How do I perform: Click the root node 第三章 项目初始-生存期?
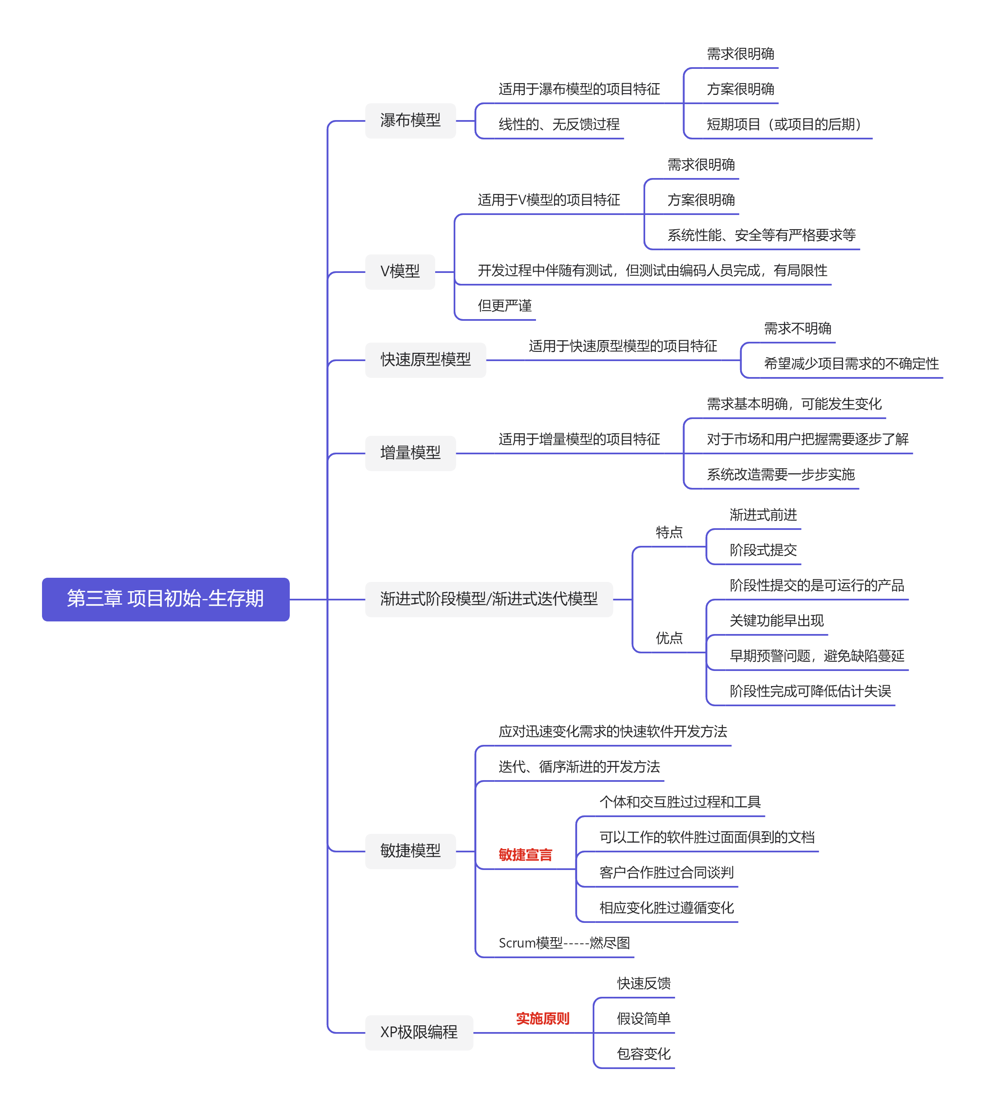tap(165, 599)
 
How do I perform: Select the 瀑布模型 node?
tap(410, 121)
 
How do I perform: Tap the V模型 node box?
tap(400, 272)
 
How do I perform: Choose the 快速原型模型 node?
tap(426, 360)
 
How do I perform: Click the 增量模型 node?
tap(410, 453)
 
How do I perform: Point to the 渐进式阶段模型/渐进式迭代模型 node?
tap(489, 599)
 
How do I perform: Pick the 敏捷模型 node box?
tap(410, 851)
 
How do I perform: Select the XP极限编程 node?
tap(419, 1032)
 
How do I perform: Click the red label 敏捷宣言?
tap(525, 855)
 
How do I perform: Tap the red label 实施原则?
tap(542, 1019)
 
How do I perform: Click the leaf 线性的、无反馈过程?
tap(559, 124)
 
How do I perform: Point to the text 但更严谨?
tap(504, 306)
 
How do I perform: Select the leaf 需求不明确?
tap(797, 329)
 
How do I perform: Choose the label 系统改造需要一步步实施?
tap(780, 474)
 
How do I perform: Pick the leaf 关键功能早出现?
tap(776, 621)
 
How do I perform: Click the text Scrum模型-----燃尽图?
tap(564, 943)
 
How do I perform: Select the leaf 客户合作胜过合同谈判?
tap(666, 873)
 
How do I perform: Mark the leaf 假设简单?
tap(644, 1019)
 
